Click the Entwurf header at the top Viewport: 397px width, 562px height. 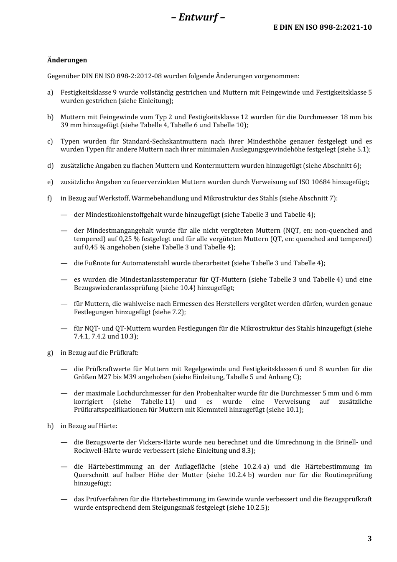[198, 17]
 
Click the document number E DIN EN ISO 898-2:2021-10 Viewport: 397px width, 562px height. [323, 27]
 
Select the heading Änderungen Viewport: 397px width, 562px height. [67, 60]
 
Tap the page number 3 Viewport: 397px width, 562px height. [369, 539]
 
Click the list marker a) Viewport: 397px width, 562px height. [50, 92]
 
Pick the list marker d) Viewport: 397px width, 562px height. [50, 166]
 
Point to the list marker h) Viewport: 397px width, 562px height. [50, 426]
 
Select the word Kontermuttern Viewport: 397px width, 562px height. [215, 166]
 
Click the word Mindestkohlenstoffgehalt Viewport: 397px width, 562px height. [124, 215]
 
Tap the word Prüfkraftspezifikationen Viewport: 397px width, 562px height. [110, 410]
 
